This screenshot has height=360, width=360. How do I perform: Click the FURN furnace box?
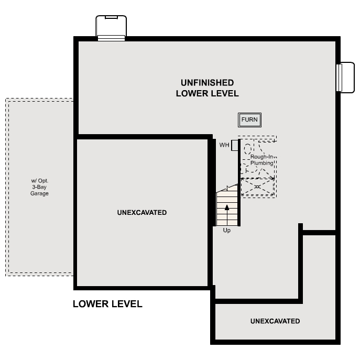click(x=249, y=120)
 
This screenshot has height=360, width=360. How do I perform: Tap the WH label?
click(x=224, y=145)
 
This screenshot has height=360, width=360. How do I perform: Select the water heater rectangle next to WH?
click(x=235, y=146)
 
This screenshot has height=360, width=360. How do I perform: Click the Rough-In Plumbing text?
click(x=261, y=160)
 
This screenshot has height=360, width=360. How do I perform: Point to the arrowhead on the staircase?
click(x=227, y=207)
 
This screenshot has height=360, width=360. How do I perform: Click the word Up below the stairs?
click(x=227, y=230)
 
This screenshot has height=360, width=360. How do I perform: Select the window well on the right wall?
click(x=346, y=77)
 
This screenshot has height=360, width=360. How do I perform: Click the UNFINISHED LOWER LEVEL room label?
click(x=207, y=88)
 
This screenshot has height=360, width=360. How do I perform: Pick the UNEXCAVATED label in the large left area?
click(x=142, y=213)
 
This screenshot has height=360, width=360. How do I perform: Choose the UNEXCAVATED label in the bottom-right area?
click(x=275, y=321)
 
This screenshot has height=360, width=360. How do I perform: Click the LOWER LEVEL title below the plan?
click(x=107, y=304)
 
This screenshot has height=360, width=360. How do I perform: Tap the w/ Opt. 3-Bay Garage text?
click(x=39, y=187)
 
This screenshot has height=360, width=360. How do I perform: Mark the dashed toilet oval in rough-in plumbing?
click(x=247, y=149)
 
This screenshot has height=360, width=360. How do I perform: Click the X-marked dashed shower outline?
click(x=257, y=186)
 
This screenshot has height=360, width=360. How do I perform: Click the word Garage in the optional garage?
click(x=39, y=193)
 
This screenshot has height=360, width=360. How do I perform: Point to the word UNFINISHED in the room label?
click(x=207, y=83)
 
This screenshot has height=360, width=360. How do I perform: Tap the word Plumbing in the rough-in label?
click(x=261, y=163)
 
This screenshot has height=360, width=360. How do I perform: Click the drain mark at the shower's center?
click(x=257, y=186)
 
